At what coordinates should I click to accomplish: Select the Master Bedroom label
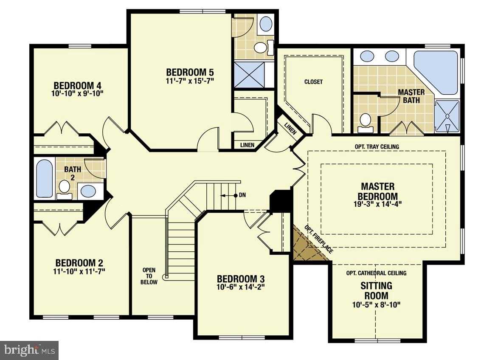377,191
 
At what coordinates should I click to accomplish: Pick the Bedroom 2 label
79,262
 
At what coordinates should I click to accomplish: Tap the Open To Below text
149,276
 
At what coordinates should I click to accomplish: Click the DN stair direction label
242,195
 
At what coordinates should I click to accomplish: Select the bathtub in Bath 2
45,178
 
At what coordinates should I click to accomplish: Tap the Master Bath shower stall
447,116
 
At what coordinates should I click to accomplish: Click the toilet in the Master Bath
365,121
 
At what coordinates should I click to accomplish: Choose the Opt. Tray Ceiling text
377,147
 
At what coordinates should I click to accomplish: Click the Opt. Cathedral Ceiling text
376,273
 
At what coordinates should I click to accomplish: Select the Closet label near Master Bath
313,82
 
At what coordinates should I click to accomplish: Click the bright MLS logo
29,350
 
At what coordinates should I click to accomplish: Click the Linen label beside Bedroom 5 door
247,145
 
